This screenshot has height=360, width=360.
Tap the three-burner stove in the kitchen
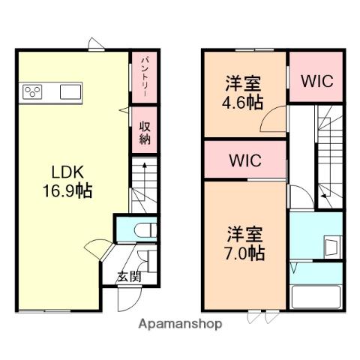[x=33, y=91]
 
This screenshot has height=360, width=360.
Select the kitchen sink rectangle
[x=71, y=91]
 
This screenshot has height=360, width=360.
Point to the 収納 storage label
[x=144, y=133]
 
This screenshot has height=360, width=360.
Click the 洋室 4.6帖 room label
[x=243, y=92]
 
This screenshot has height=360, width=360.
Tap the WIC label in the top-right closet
[x=316, y=80]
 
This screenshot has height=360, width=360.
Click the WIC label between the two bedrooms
[x=244, y=159]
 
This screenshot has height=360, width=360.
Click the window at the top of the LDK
[x=95, y=47]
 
